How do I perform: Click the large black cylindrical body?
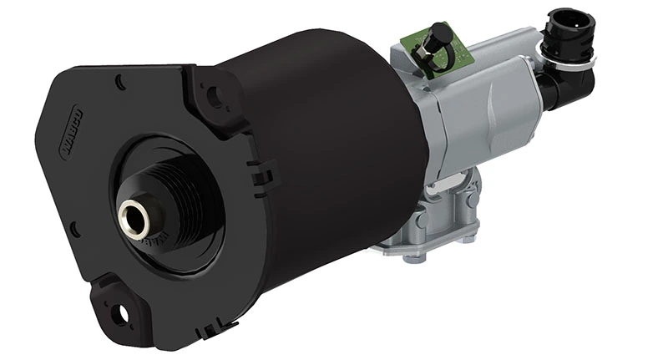point(326,150)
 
